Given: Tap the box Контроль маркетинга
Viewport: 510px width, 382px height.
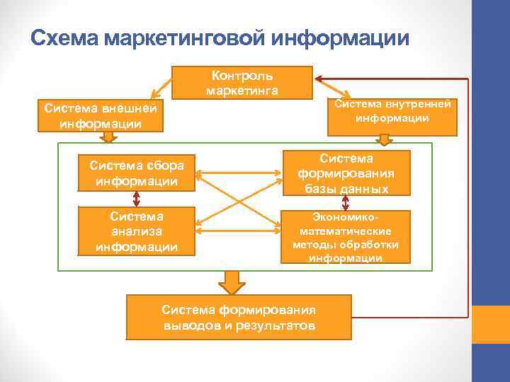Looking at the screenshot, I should (x=242, y=82).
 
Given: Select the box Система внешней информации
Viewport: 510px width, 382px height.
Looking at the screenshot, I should (x=100, y=116).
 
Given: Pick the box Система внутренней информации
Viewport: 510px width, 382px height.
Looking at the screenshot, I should (x=392, y=112).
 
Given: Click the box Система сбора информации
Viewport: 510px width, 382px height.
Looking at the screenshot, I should (x=136, y=173).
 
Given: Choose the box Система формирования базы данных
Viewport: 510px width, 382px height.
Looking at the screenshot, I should (x=346, y=173).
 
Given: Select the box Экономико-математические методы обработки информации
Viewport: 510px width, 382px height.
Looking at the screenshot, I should (x=346, y=237).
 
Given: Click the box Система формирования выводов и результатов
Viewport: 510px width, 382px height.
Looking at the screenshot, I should (x=238, y=318).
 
